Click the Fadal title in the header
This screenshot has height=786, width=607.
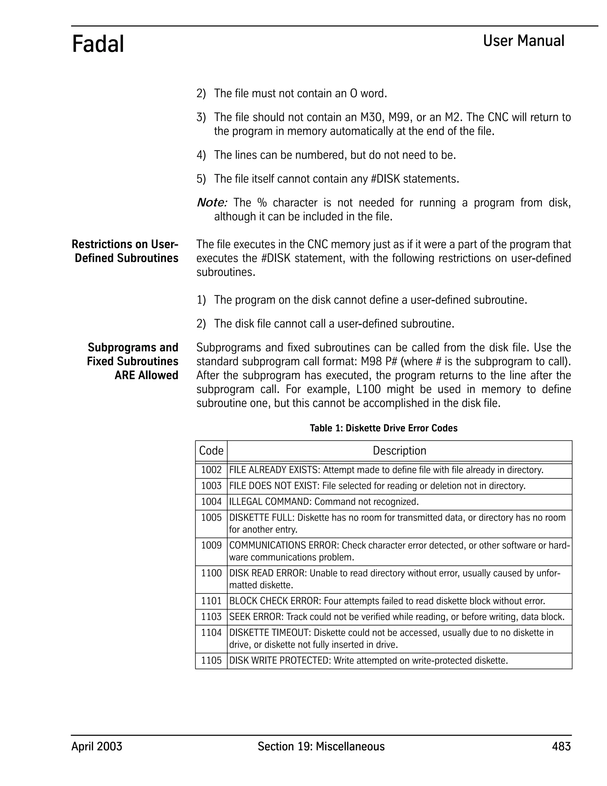[x=98, y=44]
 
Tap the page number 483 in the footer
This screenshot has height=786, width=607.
[x=561, y=747]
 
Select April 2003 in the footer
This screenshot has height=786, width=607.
[x=97, y=747]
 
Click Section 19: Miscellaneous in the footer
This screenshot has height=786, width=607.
[x=321, y=747]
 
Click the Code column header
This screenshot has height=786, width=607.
[x=211, y=451]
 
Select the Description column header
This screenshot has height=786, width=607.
[x=399, y=451]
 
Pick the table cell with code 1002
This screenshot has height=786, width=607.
[x=211, y=470]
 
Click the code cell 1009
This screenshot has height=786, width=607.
[x=211, y=545]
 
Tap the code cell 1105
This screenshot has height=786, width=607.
[x=211, y=661]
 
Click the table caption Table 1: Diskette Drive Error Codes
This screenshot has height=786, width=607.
[x=383, y=428]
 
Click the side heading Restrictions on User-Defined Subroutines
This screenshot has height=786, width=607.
[x=125, y=251]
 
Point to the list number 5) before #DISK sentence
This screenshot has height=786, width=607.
[x=201, y=179]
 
